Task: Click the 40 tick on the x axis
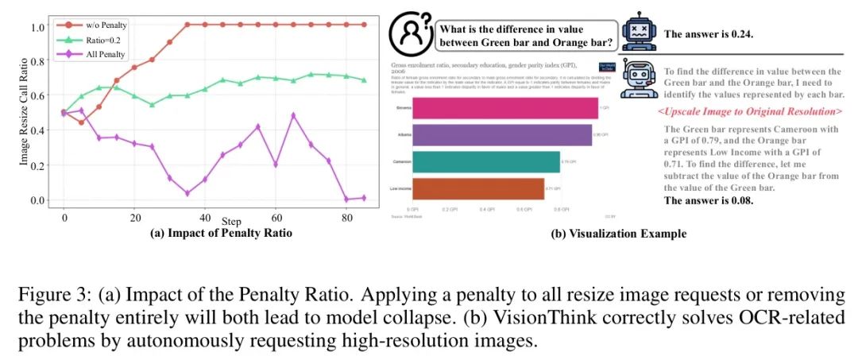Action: click(x=205, y=216)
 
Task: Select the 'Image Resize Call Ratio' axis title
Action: click(x=23, y=113)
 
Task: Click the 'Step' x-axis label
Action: click(x=232, y=221)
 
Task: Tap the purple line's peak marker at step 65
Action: click(x=294, y=115)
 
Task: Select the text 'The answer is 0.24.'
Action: click(x=708, y=34)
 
